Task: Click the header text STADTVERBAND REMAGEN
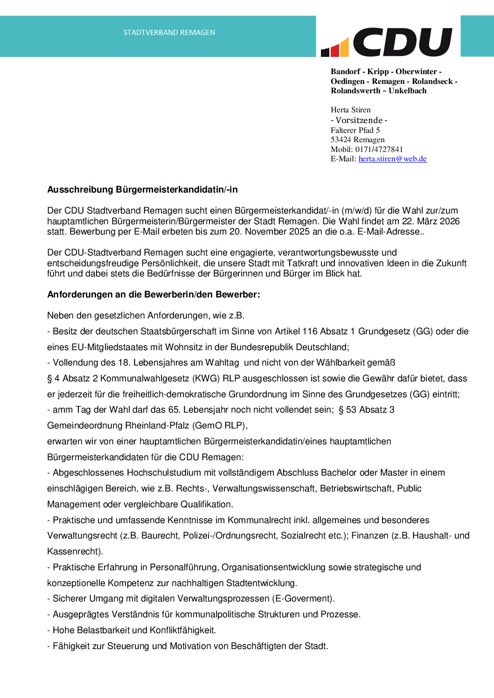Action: tap(169, 33)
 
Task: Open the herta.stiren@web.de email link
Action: tap(392, 159)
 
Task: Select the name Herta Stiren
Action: tap(351, 110)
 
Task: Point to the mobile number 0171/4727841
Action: tap(379, 150)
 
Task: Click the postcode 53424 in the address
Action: tap(341, 140)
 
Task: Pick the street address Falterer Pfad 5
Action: tap(355, 131)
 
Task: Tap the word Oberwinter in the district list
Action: tap(416, 72)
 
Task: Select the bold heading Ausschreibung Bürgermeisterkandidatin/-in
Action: tap(142, 190)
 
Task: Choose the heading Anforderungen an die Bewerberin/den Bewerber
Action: tap(153, 295)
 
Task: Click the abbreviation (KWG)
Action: tap(206, 379)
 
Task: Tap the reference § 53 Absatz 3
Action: tap(366, 410)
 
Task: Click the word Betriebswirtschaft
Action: tap(356, 489)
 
